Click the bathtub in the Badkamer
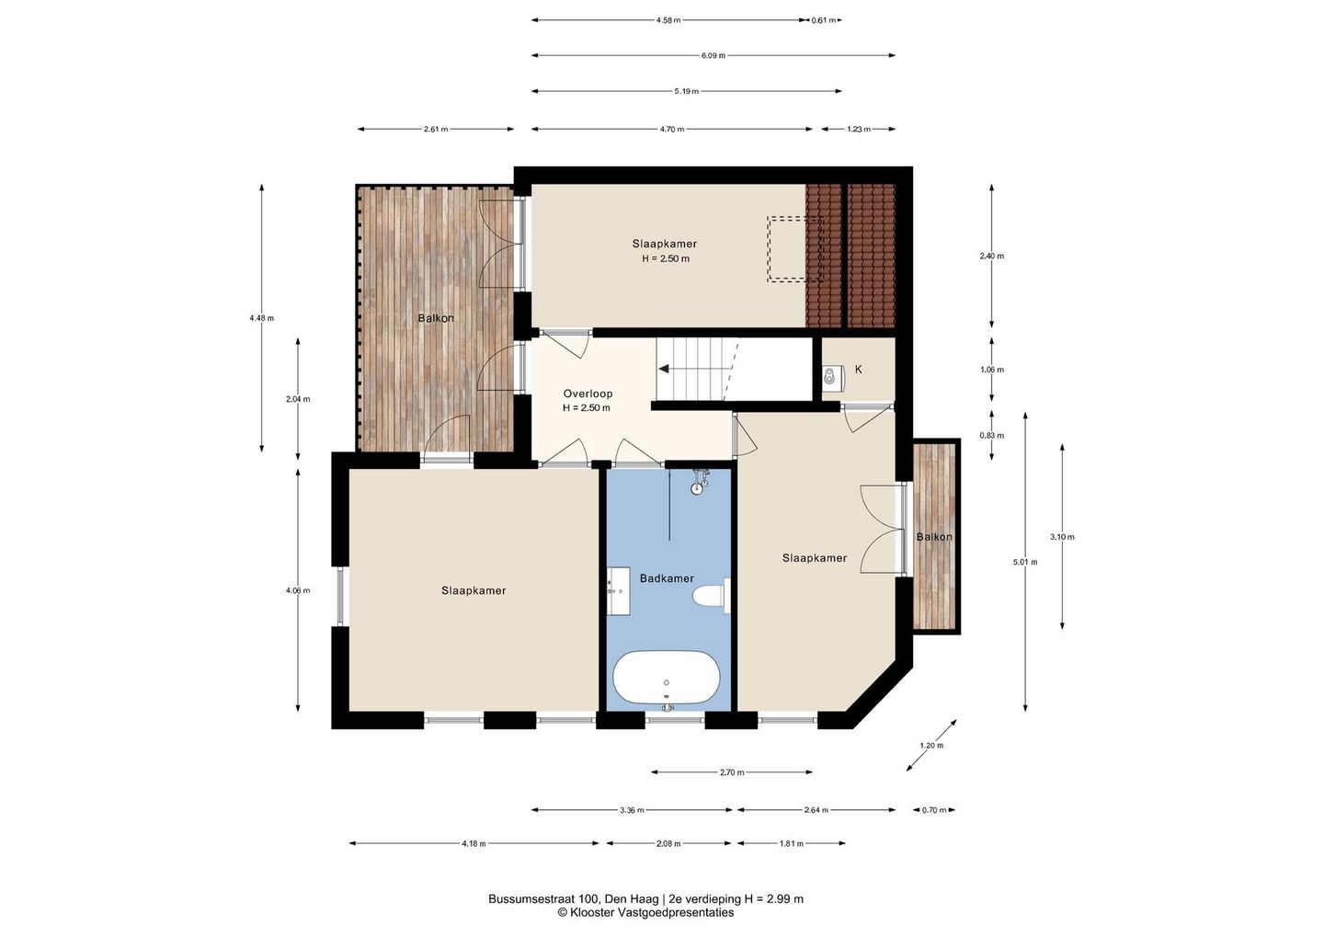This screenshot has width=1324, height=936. tap(666, 678)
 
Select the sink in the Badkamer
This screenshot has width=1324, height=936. tap(618, 591)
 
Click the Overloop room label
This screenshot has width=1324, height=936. tap(588, 394)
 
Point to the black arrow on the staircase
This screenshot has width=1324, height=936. tap(663, 369)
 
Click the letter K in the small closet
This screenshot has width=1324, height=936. tap(858, 370)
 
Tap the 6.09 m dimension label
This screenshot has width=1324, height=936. tap(713, 55)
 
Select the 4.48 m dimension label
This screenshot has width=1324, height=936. tap(262, 318)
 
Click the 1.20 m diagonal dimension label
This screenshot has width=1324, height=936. tap(931, 745)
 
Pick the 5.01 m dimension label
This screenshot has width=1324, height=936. tap(1025, 562)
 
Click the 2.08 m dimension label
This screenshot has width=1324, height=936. tap(668, 843)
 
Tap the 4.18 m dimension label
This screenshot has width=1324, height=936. tap(474, 843)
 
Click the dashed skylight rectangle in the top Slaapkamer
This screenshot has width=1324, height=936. tap(795, 249)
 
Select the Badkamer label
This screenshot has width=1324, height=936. tap(667, 578)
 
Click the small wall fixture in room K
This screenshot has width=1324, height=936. tap(831, 375)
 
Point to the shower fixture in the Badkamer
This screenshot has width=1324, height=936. tap(700, 480)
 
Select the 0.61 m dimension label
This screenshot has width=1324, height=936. tap(824, 20)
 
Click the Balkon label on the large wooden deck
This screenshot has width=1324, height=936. tap(436, 318)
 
